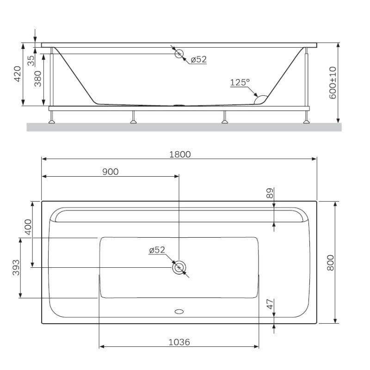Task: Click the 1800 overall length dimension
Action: click(x=179, y=154)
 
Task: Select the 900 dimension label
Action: click(x=110, y=172)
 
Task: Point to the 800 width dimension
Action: click(x=330, y=263)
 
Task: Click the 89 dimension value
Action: click(x=270, y=193)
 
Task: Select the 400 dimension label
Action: click(x=27, y=227)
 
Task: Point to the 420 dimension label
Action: click(x=18, y=74)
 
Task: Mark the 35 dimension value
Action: click(x=31, y=61)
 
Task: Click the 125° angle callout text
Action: click(x=239, y=82)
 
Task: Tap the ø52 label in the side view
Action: click(x=198, y=59)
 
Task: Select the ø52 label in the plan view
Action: click(x=157, y=250)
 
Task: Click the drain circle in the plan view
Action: click(x=179, y=267)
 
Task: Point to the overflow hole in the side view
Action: click(x=179, y=54)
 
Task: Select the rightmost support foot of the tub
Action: click(x=306, y=121)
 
